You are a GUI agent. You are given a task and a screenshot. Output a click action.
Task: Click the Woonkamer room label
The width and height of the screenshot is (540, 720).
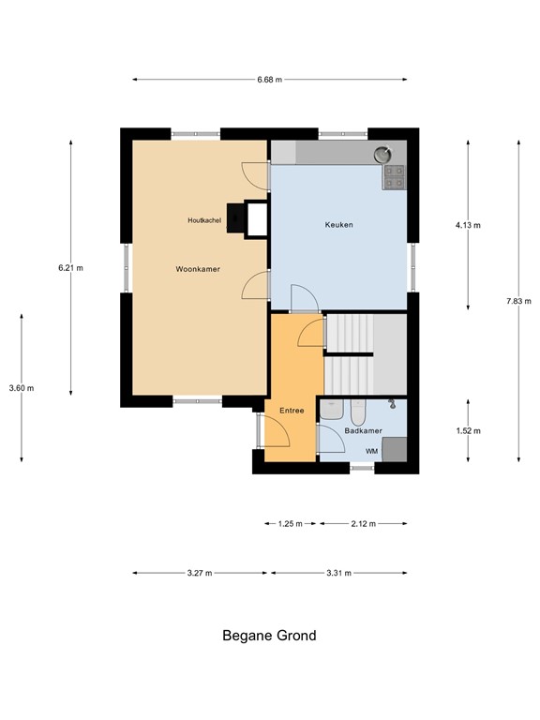click(198, 269)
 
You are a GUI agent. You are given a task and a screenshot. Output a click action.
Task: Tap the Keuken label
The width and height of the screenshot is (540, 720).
click(338, 225)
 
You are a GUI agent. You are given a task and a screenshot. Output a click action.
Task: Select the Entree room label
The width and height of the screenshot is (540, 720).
click(292, 411)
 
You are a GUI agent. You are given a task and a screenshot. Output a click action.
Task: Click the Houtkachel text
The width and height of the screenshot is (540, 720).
click(203, 219)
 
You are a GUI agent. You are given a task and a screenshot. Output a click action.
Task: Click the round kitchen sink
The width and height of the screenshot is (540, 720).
click(382, 155)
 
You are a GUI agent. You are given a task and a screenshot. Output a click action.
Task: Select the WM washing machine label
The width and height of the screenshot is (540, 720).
click(371, 451)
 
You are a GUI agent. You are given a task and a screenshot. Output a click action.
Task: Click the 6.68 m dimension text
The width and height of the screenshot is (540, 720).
click(270, 80)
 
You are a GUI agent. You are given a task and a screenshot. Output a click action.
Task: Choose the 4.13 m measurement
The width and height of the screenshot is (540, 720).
click(468, 225)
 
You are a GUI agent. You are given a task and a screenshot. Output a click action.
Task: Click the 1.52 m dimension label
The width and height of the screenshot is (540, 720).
click(468, 431)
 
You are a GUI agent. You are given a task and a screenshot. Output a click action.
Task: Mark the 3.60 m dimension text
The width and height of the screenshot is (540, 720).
click(21, 388)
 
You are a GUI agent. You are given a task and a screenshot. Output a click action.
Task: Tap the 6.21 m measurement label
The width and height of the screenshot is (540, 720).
click(70, 268)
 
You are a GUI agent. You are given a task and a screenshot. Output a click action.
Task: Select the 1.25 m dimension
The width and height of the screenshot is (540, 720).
click(291, 524)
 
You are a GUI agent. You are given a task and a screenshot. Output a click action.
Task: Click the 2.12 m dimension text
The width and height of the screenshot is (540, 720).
click(363, 524)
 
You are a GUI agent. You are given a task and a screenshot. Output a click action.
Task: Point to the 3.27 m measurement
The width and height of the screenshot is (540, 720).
click(199, 573)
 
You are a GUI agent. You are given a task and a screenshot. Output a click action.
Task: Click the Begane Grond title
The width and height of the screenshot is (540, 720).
click(269, 636)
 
